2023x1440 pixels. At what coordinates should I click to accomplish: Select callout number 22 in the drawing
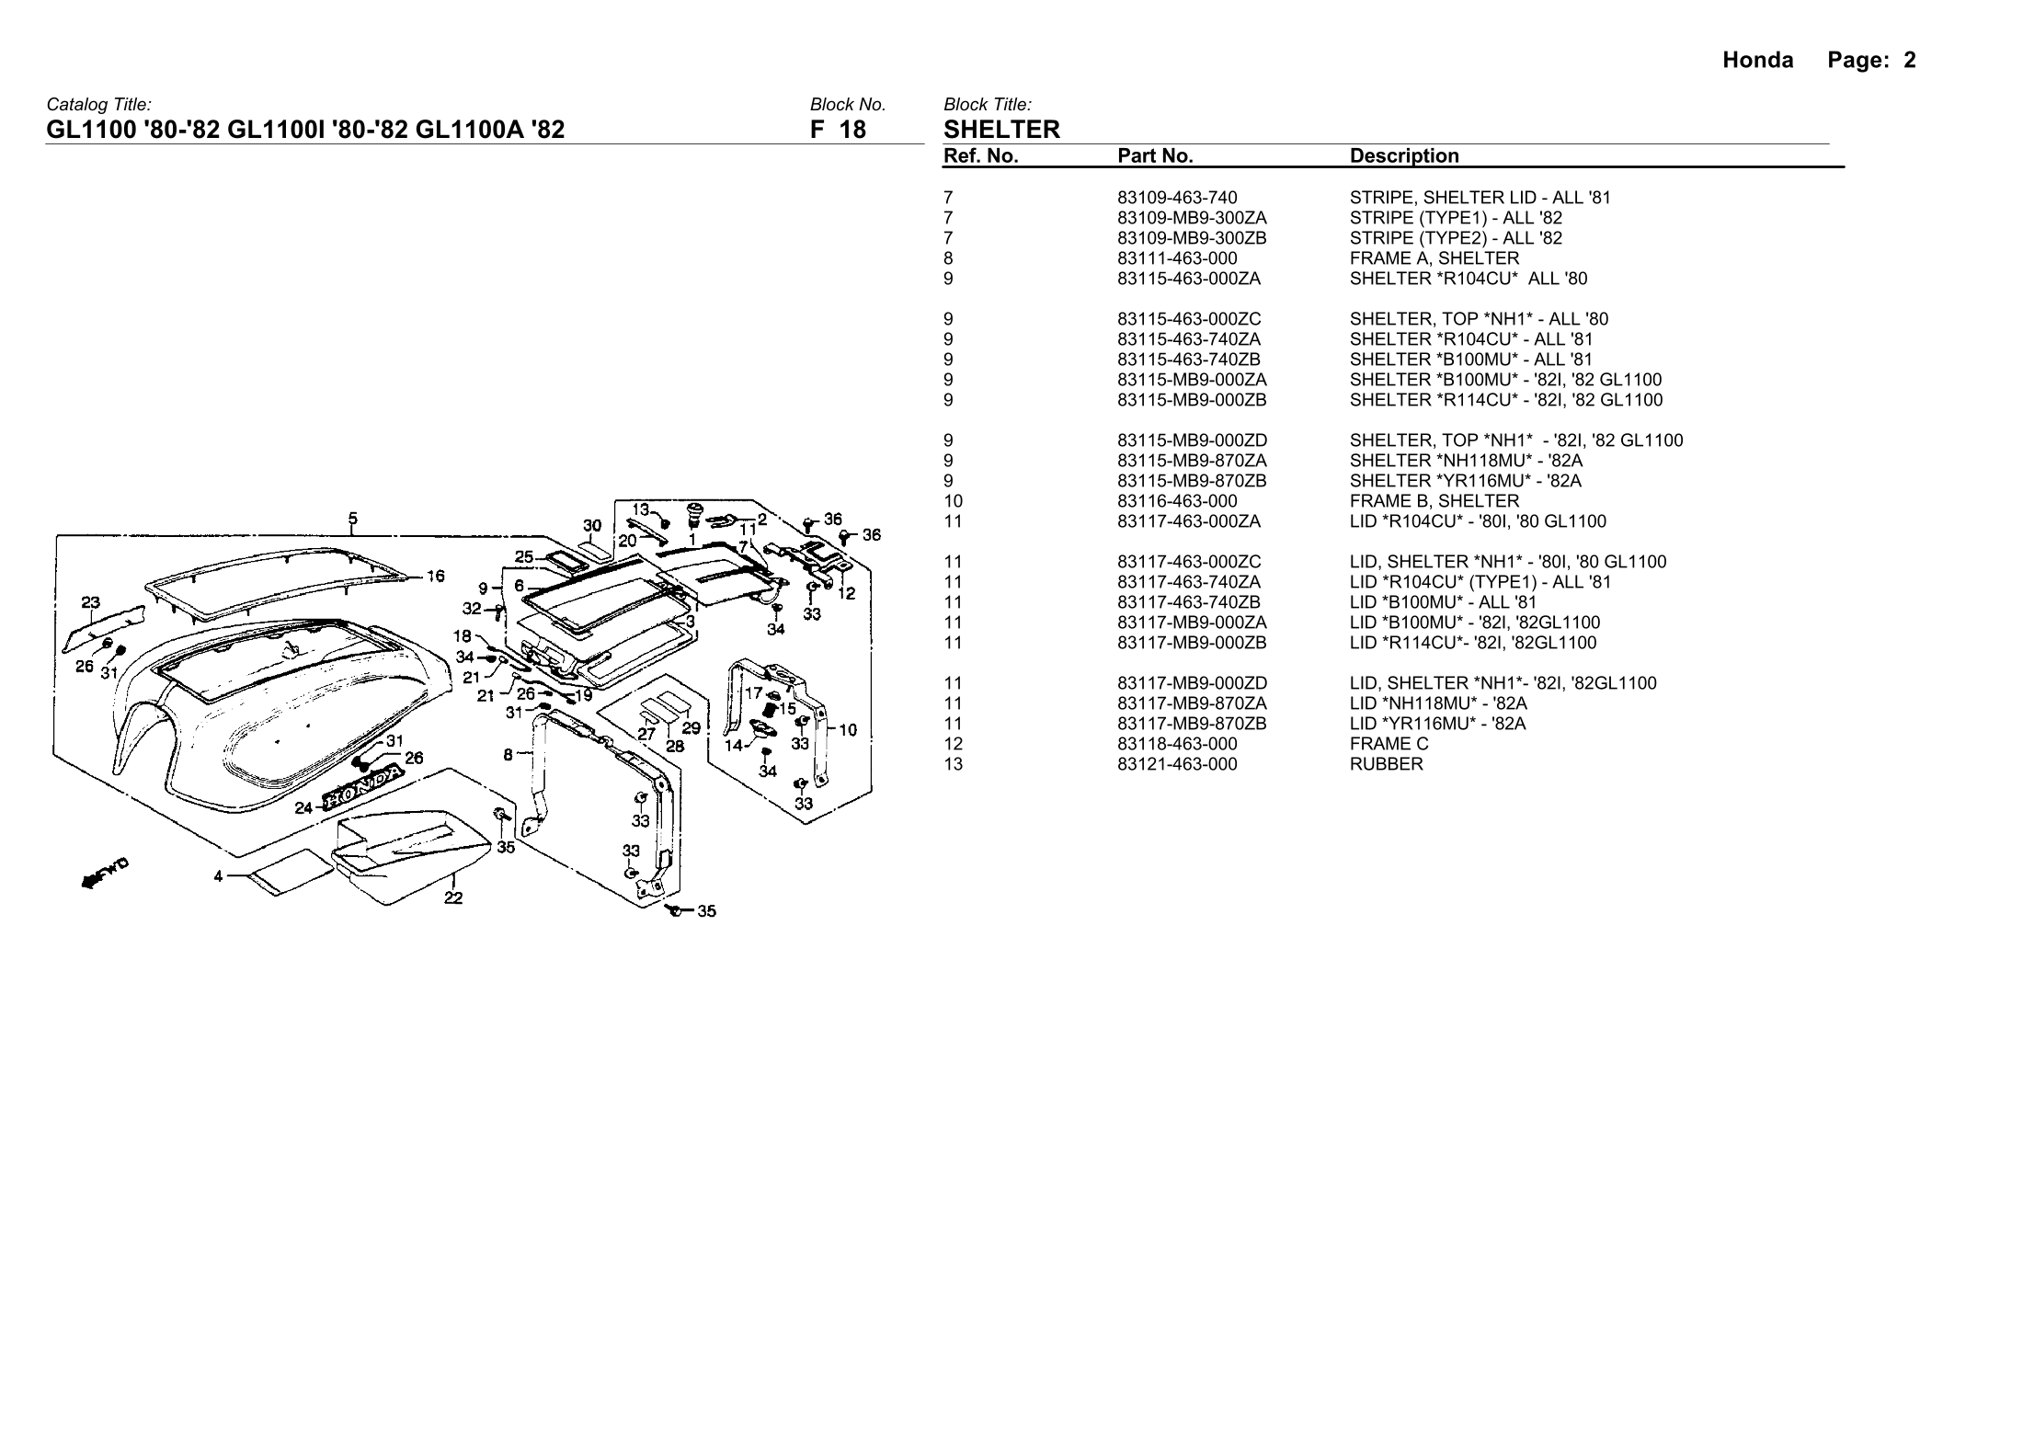pyautogui.click(x=453, y=898)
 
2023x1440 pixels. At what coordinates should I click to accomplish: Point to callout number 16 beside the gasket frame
pyautogui.click(x=435, y=577)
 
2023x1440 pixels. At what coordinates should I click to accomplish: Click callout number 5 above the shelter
pyautogui.click(x=354, y=518)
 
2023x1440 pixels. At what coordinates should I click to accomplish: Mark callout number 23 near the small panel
pyautogui.click(x=90, y=603)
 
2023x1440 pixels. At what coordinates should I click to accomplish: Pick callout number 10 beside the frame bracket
pyautogui.click(x=848, y=730)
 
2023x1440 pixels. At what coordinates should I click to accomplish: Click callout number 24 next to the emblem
pyautogui.click(x=303, y=808)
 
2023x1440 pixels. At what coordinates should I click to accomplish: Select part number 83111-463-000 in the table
pyautogui.click(x=1177, y=258)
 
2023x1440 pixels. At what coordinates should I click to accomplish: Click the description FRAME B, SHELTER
pyautogui.click(x=1434, y=501)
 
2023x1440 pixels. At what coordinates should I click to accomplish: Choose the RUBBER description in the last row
pyautogui.click(x=1386, y=764)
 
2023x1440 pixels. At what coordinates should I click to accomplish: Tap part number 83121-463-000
pyautogui.click(x=1177, y=764)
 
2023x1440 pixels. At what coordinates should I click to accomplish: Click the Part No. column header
pyautogui.click(x=1155, y=156)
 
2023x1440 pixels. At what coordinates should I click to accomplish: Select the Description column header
pyautogui.click(x=1404, y=156)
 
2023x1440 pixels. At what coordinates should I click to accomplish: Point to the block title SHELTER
pyautogui.click(x=1001, y=129)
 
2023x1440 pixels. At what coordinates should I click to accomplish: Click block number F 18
pyautogui.click(x=838, y=129)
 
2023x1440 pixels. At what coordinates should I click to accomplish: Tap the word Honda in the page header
pyautogui.click(x=1757, y=61)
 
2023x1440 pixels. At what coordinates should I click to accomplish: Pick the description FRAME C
pyautogui.click(x=1389, y=744)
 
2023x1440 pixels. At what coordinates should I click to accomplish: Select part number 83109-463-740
pyautogui.click(x=1177, y=198)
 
